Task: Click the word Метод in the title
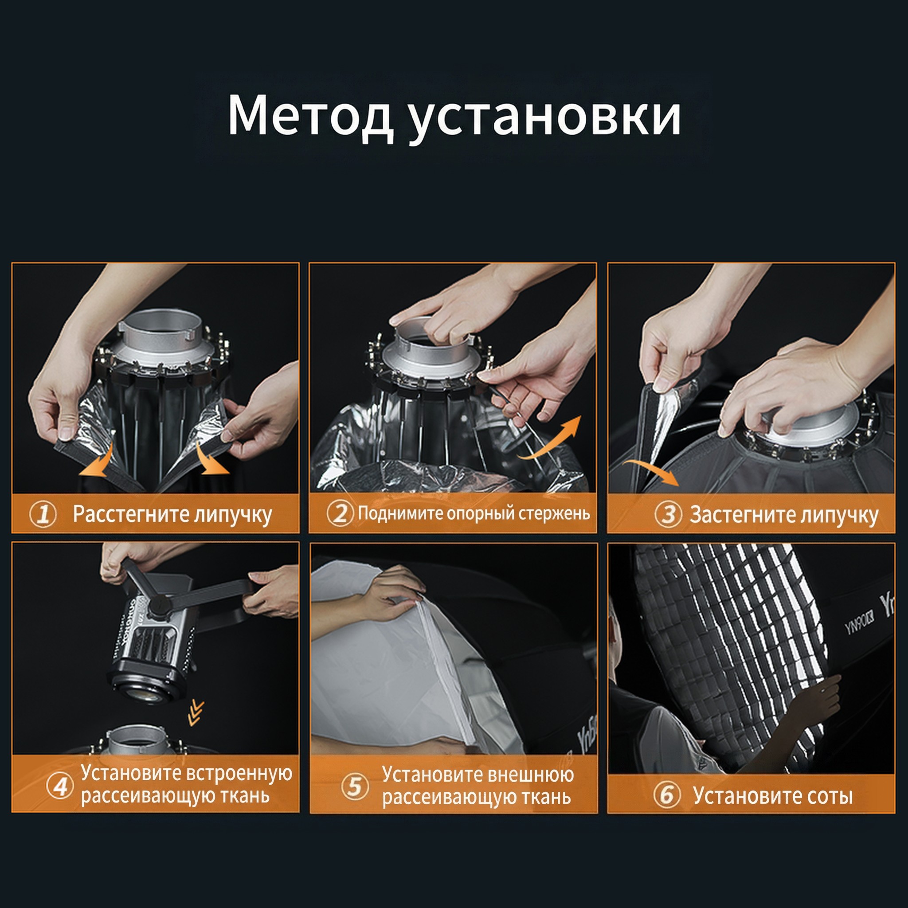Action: click(x=310, y=115)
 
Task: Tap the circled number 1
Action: click(x=43, y=514)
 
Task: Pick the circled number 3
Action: click(x=668, y=514)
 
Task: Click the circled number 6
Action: click(x=667, y=795)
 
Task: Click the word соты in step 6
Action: click(x=830, y=795)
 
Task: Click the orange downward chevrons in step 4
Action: click(x=196, y=712)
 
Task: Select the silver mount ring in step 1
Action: click(x=162, y=336)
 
